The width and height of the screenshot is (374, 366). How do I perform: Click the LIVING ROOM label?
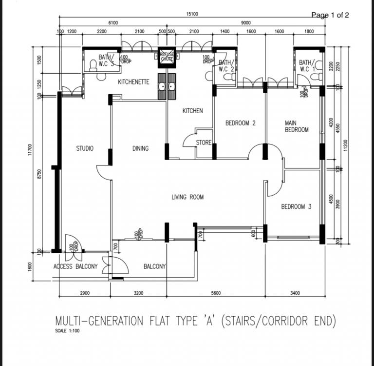pyautogui.click(x=187, y=197)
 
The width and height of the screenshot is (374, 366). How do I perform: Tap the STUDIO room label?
pyautogui.click(x=85, y=148)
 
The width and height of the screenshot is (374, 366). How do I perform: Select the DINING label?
pyautogui.click(x=141, y=148)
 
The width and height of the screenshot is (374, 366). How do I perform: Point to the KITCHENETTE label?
pyautogui.click(x=133, y=82)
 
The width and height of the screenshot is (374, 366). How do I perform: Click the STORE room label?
pyautogui.click(x=204, y=143)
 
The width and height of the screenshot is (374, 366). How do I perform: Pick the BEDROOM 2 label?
pyautogui.click(x=241, y=123)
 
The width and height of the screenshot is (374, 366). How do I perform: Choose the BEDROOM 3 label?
pyautogui.click(x=296, y=207)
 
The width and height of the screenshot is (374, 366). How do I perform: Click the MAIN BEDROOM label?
pyautogui.click(x=297, y=126)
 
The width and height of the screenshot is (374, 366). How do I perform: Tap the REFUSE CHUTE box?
pyautogui.click(x=168, y=57)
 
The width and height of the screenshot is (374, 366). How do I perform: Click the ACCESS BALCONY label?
pyautogui.click(x=75, y=266)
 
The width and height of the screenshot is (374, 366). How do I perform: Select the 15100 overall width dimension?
pyautogui.click(x=191, y=15)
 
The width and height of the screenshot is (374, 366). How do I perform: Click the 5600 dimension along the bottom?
pyautogui.click(x=216, y=293)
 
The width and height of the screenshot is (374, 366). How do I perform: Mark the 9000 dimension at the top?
pyautogui.click(x=245, y=22)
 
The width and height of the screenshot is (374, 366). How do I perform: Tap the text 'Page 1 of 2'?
pyautogui.click(x=330, y=15)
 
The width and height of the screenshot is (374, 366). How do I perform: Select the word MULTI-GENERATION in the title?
pyautogui.click(x=99, y=321)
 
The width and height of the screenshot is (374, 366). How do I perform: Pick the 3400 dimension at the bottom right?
pyautogui.click(x=295, y=293)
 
